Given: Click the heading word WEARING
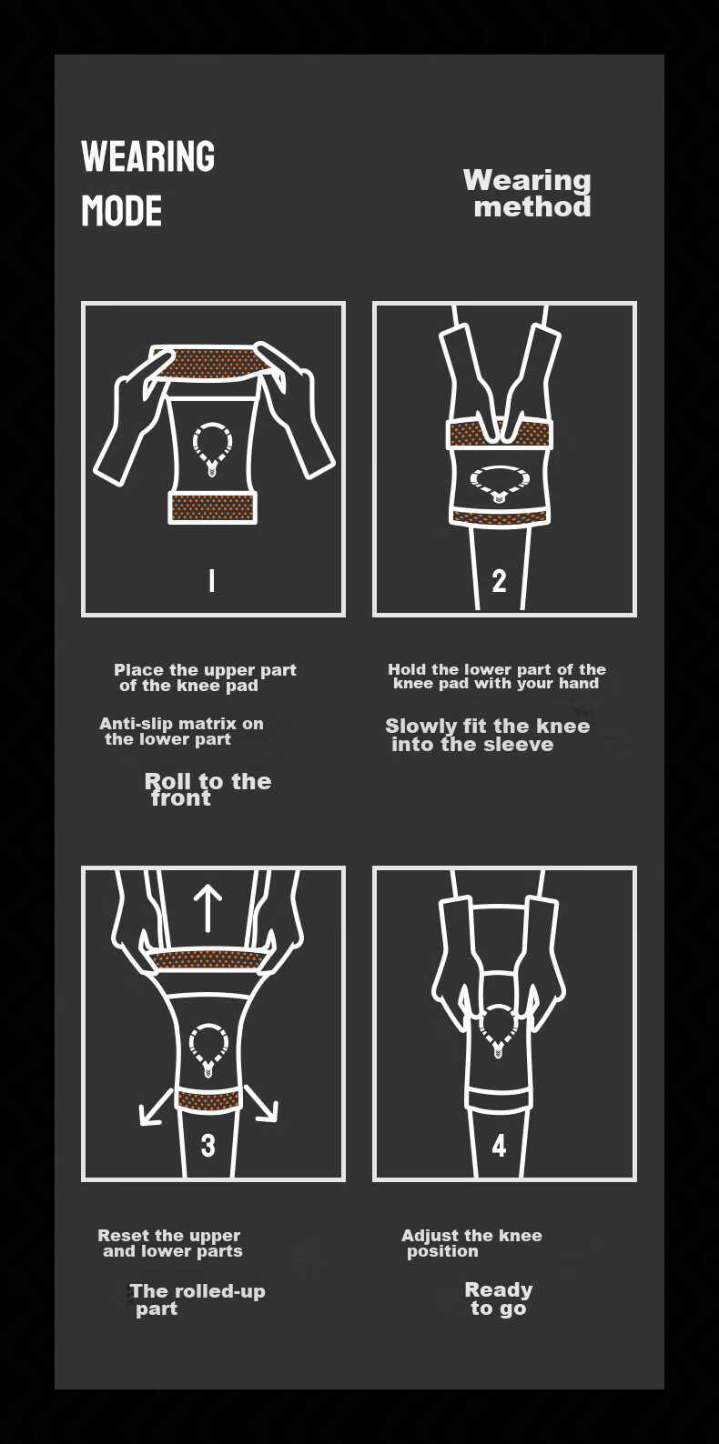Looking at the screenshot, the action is point(147,156).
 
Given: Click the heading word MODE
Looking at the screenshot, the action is point(121,211).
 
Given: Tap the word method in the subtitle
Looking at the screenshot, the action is point(532,207).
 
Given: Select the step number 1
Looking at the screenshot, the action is point(212,580).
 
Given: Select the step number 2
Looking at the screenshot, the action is point(499,581).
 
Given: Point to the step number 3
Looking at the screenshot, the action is point(208,1146).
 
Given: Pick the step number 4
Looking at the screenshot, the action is point(499,1146).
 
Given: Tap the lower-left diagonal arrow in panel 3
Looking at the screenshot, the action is point(156,1108).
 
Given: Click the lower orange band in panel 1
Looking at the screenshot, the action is point(212,507).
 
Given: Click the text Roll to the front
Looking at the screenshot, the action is point(208,789).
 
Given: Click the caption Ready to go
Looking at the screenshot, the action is point(498,1299).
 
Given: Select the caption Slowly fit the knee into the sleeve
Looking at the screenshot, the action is point(487,736).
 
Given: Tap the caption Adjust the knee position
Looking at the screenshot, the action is point(471,1244).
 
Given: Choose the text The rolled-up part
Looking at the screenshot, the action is point(197,1299).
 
